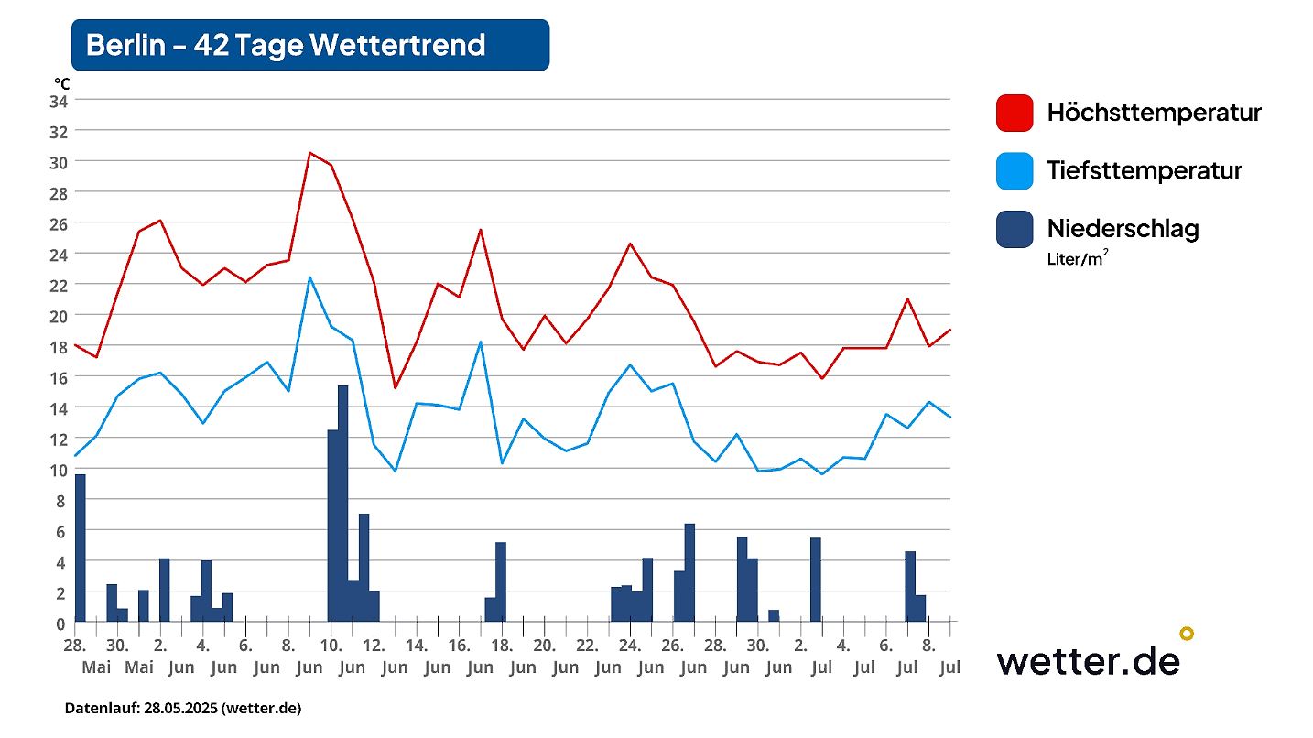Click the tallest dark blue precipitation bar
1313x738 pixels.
click(342, 504)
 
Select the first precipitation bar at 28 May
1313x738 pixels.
click(80, 548)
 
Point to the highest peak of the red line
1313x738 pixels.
click(309, 153)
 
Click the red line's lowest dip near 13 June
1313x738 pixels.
click(395, 387)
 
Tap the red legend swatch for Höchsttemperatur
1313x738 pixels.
click(1014, 113)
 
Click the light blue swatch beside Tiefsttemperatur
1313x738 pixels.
click(1014, 170)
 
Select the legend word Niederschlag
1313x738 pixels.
click(1123, 228)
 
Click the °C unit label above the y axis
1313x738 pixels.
click(61, 83)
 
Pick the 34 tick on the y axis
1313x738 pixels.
click(58, 100)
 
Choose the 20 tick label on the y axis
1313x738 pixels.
click(58, 315)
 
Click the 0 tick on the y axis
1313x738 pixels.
click(61, 624)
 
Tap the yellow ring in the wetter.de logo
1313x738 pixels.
click(1186, 633)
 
